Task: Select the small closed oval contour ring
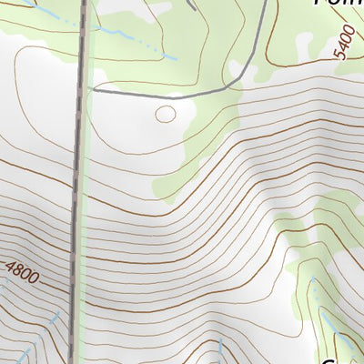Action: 165,115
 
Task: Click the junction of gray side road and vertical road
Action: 88,91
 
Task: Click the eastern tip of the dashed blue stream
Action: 175,59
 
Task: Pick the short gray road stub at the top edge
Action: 191,4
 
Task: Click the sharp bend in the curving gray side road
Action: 238,80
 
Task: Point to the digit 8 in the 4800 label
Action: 19,268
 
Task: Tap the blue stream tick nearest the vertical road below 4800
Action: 54,323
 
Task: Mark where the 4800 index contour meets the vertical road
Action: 72,293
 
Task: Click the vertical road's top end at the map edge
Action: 84,2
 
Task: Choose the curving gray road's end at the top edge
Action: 267,2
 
